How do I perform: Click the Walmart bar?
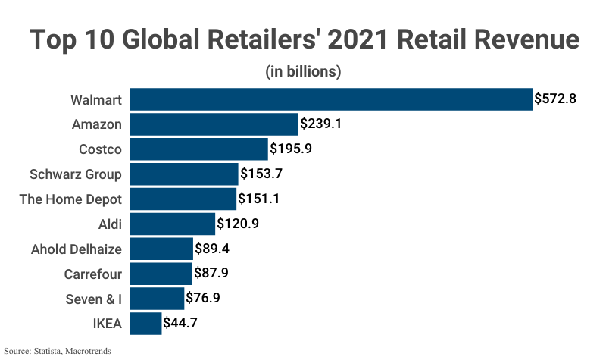331,99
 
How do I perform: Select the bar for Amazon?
214,124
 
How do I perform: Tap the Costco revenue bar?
199,149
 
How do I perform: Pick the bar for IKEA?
146,324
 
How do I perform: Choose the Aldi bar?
173,224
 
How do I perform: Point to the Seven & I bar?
157,299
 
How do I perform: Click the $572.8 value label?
556,99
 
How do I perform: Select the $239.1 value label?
322,124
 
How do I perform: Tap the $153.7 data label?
261,174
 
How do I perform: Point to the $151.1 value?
260,199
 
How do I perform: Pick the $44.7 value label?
182,324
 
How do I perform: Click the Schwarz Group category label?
75,174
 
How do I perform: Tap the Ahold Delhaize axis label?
76,249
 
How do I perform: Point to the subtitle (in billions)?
303,73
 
